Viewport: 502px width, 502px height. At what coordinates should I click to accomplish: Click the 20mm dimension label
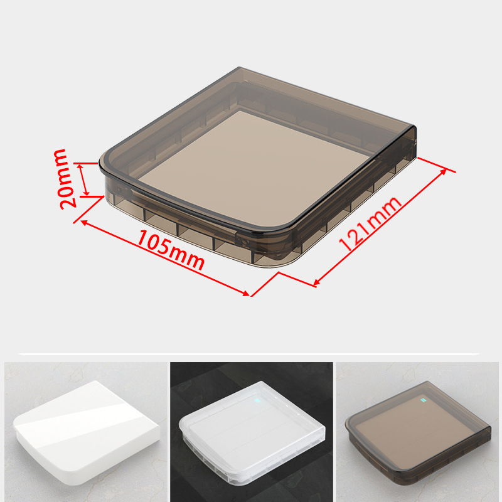click(65, 179)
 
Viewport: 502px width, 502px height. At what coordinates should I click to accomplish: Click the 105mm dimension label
click(171, 250)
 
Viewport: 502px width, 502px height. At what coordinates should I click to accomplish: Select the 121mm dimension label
click(370, 223)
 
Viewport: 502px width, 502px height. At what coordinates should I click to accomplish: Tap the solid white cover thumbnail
click(87, 432)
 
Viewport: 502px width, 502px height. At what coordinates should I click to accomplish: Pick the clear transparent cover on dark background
click(252, 432)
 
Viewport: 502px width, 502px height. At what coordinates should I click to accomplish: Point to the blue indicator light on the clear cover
click(257, 400)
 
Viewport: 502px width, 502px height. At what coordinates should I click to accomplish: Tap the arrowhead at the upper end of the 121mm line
click(444, 171)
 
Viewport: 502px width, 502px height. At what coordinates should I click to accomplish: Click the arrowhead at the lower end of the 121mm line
click(316, 282)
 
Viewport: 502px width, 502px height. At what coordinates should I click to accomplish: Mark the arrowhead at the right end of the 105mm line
click(246, 293)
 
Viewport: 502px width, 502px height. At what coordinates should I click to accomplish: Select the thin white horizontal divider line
click(249, 354)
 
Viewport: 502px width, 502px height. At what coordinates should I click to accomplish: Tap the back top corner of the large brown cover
click(239, 68)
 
